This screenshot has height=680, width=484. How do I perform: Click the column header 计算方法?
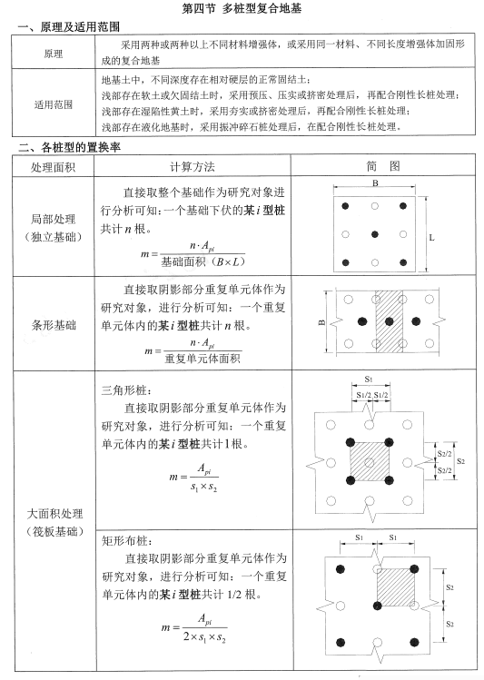[x=193, y=166]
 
